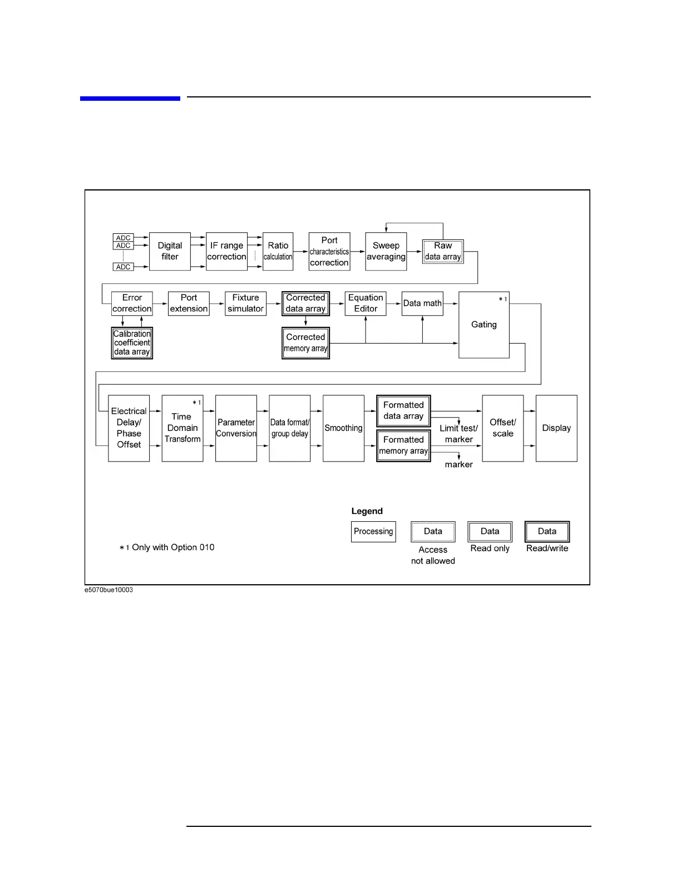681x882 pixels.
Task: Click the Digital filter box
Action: click(x=170, y=252)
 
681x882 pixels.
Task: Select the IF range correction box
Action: click(x=226, y=252)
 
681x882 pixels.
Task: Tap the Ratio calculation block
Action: click(x=278, y=252)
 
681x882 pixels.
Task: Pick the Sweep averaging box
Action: click(x=386, y=252)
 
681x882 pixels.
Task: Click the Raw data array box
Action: click(x=443, y=252)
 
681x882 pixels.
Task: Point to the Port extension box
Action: click(x=189, y=303)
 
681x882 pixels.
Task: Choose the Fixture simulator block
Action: click(x=245, y=303)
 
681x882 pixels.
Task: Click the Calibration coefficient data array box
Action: click(x=132, y=343)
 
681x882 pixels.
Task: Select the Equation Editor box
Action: click(x=366, y=303)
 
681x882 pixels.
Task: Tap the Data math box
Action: click(x=422, y=303)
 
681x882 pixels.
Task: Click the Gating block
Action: click(x=483, y=325)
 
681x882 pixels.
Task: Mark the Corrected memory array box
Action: click(x=305, y=343)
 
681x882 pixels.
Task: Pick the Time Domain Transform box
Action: click(x=182, y=428)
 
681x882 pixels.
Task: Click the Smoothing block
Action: click(x=343, y=428)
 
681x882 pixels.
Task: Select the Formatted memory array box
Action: click(x=403, y=445)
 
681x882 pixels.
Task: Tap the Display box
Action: click(x=556, y=428)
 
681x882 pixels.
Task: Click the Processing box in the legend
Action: click(x=373, y=532)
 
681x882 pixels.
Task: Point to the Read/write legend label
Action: click(x=547, y=548)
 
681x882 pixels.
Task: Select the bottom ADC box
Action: click(x=123, y=267)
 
